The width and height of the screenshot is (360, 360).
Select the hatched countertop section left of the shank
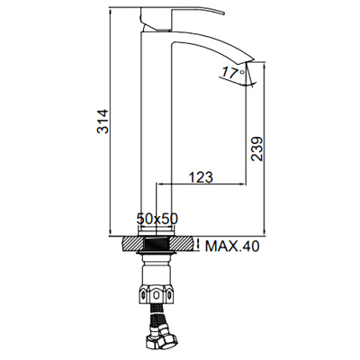[130, 243]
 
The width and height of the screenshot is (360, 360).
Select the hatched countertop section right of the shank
[184, 243]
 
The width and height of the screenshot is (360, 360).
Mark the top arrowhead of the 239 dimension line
[265, 66]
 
